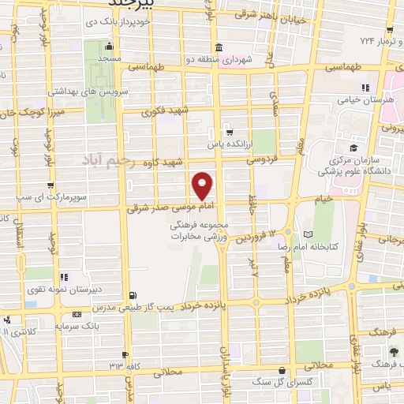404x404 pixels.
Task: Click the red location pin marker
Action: [204, 185]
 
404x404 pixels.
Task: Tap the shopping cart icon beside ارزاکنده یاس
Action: [229, 132]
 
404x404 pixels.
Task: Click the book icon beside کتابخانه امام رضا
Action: [307, 234]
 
